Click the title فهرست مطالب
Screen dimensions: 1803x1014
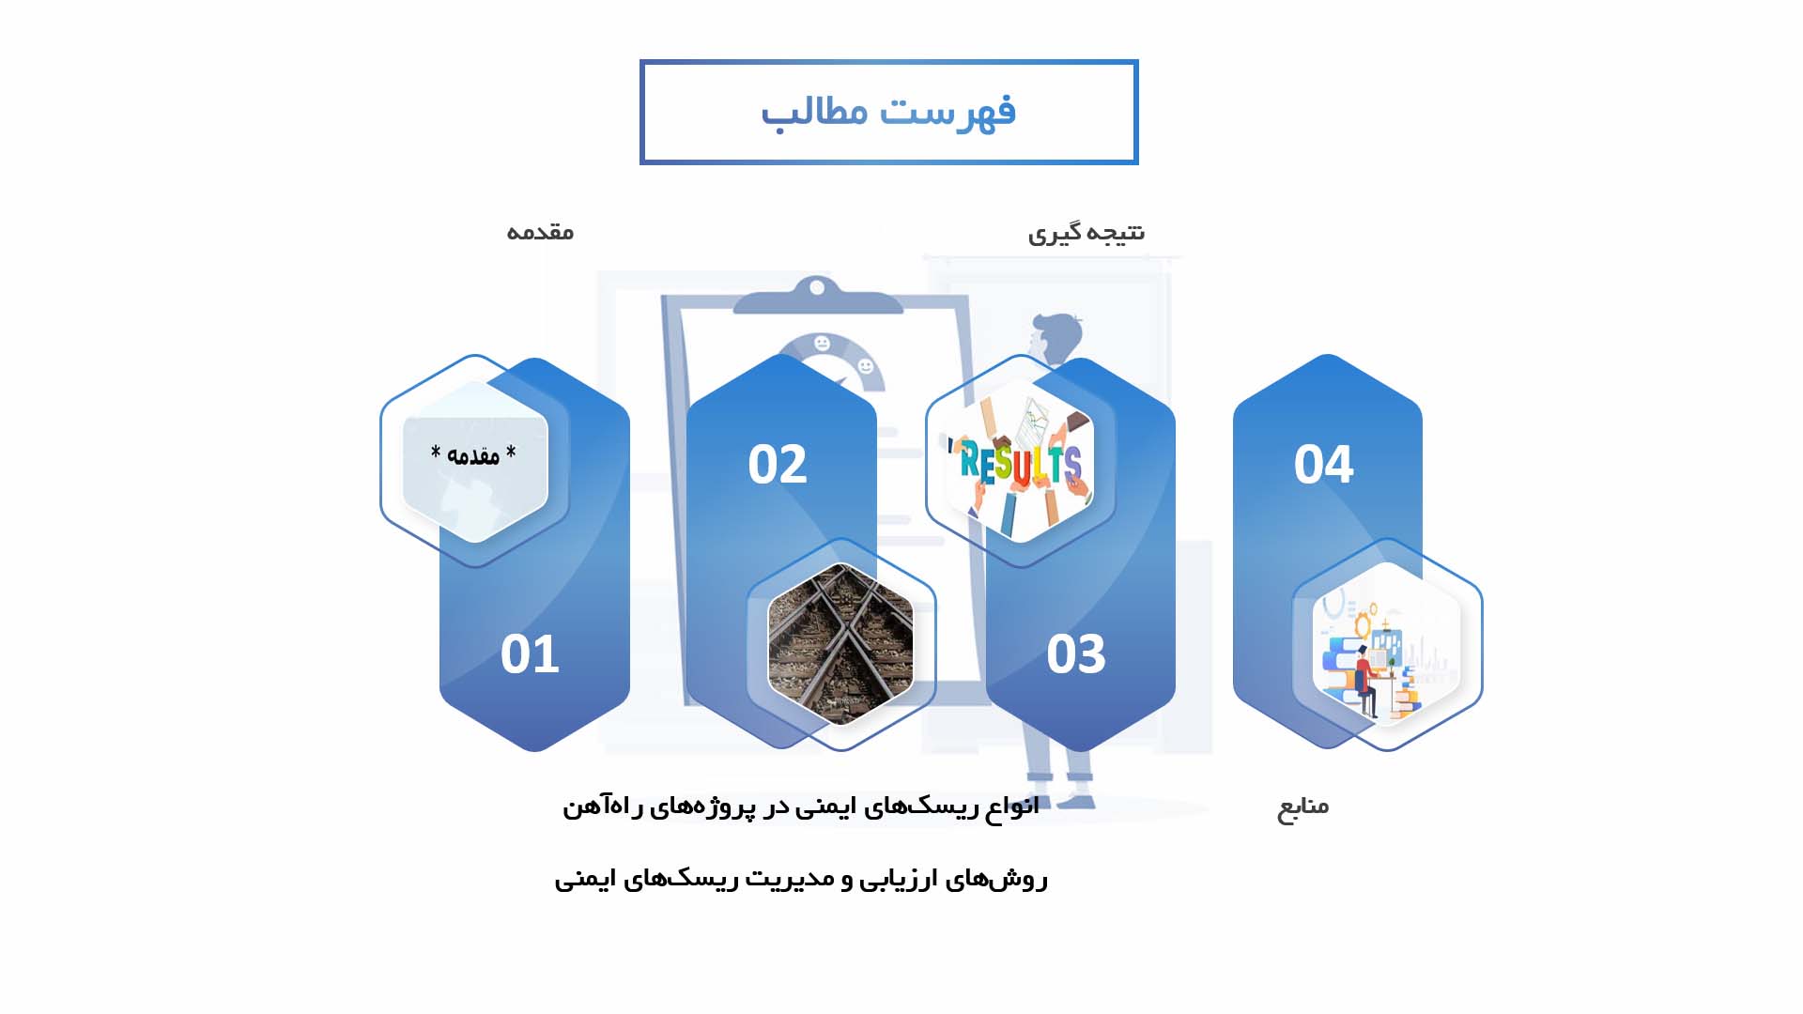(888, 112)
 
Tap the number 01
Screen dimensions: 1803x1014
(530, 653)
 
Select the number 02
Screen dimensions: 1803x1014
(778, 464)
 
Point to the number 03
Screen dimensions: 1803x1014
(1076, 653)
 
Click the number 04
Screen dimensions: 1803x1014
(1324, 464)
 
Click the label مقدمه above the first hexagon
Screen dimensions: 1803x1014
(540, 232)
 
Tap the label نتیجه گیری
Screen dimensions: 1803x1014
(1086, 233)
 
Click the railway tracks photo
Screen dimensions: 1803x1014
(840, 644)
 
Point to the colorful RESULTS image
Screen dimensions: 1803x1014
(1021, 461)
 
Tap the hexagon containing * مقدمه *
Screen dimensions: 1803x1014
(475, 461)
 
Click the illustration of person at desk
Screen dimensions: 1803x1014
(1387, 644)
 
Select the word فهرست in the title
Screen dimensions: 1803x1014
(948, 112)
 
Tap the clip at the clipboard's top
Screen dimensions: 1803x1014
(817, 294)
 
